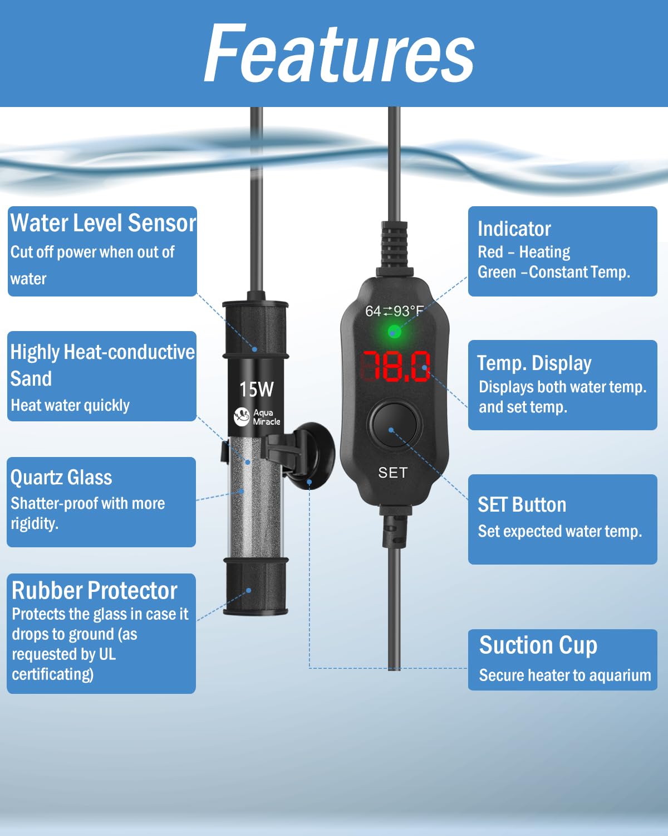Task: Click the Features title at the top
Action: [x=339, y=52]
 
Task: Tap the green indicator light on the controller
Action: [x=394, y=332]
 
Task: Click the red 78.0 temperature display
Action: [x=396, y=366]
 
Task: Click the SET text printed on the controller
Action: [x=393, y=473]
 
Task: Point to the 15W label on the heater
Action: [x=257, y=389]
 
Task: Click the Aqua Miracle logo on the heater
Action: [x=257, y=417]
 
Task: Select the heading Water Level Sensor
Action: [x=103, y=223]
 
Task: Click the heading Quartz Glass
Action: [x=61, y=478]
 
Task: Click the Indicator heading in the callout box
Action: [x=514, y=229]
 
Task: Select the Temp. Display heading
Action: [x=534, y=363]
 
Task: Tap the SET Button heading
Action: [x=522, y=504]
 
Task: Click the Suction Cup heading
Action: [x=538, y=645]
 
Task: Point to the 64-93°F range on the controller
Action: [x=394, y=311]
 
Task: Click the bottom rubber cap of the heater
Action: [x=256, y=587]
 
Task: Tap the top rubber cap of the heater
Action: [x=256, y=329]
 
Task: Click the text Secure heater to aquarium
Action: [x=565, y=675]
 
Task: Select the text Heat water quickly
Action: [x=70, y=406]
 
